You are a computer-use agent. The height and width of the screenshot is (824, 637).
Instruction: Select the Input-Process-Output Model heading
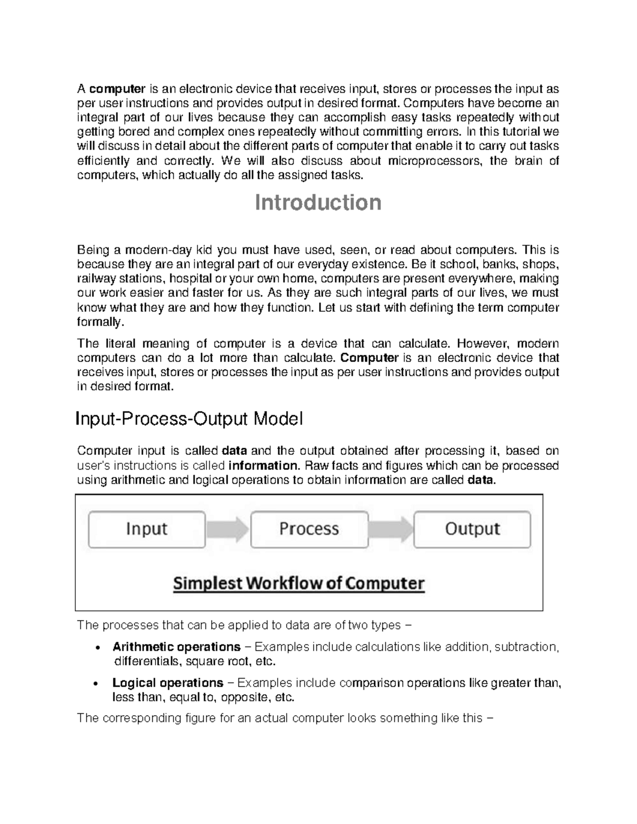click(x=189, y=419)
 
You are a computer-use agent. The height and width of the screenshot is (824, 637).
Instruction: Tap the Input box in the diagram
click(x=147, y=529)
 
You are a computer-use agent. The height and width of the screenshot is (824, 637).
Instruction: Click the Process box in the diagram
click(x=309, y=529)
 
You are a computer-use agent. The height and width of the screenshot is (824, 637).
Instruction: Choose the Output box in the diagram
click(x=472, y=529)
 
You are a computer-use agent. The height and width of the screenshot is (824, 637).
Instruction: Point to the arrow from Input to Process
click(x=227, y=529)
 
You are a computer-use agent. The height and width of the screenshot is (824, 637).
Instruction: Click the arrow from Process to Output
click(x=391, y=529)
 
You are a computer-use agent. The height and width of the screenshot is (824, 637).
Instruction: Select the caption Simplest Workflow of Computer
click(x=299, y=584)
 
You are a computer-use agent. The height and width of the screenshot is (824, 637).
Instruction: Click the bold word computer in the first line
click(x=117, y=89)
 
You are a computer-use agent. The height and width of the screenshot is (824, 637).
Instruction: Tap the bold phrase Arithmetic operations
click(x=176, y=647)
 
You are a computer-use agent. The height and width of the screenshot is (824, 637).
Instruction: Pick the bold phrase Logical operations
click(x=168, y=683)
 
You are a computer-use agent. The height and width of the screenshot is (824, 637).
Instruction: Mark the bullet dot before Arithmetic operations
click(x=96, y=648)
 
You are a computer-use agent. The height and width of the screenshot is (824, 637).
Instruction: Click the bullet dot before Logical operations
click(x=96, y=683)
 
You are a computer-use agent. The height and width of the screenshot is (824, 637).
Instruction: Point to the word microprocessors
click(x=434, y=161)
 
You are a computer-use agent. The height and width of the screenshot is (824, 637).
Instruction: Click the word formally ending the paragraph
click(x=99, y=322)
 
